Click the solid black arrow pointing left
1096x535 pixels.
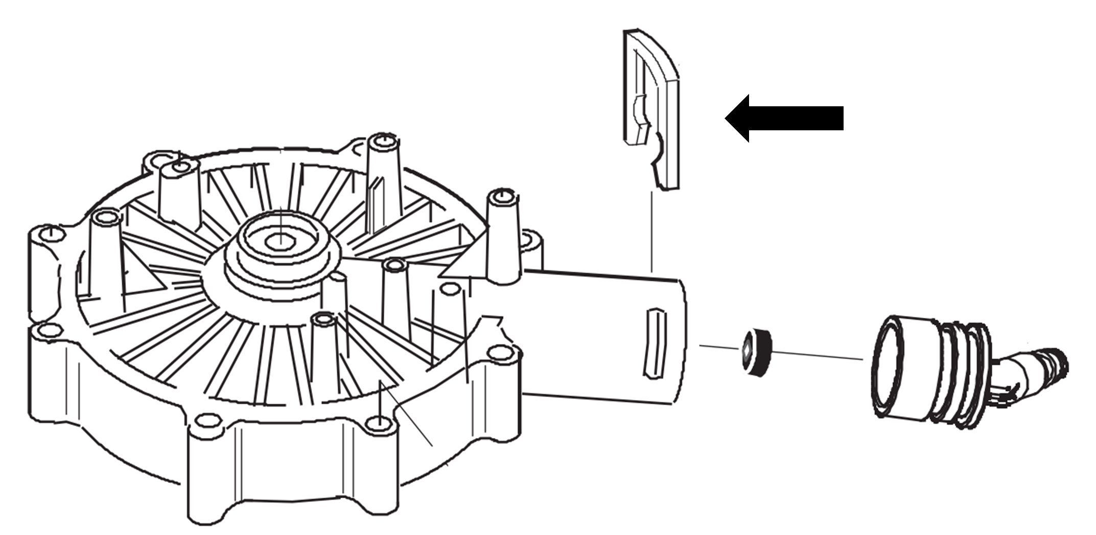tap(784, 118)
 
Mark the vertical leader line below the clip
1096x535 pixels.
tap(651, 230)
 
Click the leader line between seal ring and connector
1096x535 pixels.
tap(818, 355)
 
